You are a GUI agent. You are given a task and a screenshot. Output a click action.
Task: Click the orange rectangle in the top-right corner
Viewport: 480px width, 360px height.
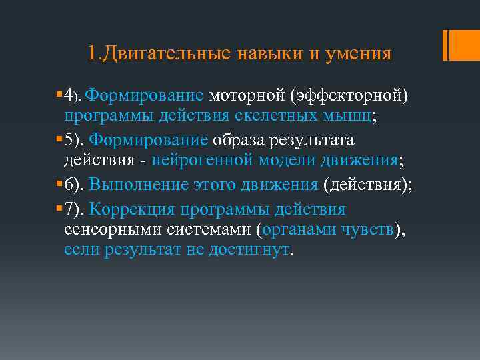click(459, 45)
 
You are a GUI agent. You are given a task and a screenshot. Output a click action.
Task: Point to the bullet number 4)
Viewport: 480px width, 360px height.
click(73, 95)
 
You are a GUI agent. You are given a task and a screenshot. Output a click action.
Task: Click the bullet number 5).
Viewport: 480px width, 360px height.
click(74, 141)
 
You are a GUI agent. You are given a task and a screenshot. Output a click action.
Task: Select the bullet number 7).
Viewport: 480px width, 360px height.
click(74, 209)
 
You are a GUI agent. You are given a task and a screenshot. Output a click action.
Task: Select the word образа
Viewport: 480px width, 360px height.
click(243, 141)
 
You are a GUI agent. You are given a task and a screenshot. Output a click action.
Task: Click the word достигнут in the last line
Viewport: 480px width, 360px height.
click(255, 250)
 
